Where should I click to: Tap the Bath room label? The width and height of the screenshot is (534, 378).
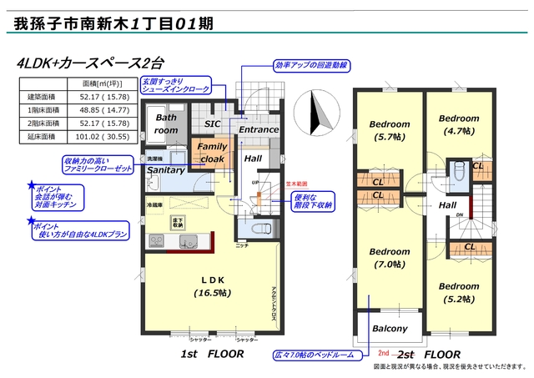pyautogui.click(x=167, y=124)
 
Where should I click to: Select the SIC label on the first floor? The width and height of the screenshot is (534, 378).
pyautogui.click(x=213, y=123)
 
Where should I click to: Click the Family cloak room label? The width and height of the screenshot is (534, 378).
pyautogui.click(x=211, y=152)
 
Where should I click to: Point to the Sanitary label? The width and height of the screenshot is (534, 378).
pyautogui.click(x=165, y=169)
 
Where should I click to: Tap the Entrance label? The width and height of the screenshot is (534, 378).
pyautogui.click(x=259, y=130)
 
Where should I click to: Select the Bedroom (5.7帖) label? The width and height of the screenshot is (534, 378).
pyautogui.click(x=390, y=130)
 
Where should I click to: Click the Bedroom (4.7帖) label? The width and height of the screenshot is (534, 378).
pyautogui.click(x=459, y=124)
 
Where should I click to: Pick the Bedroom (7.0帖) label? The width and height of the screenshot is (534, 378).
pyautogui.click(x=390, y=258)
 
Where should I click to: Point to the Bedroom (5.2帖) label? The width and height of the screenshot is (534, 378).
pyautogui.click(x=460, y=290)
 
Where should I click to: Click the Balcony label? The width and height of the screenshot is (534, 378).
pyautogui.click(x=390, y=328)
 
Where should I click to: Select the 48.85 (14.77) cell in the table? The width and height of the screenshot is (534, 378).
pyautogui.click(x=98, y=109)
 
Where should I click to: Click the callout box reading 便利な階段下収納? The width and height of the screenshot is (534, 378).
pyautogui.click(x=313, y=200)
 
